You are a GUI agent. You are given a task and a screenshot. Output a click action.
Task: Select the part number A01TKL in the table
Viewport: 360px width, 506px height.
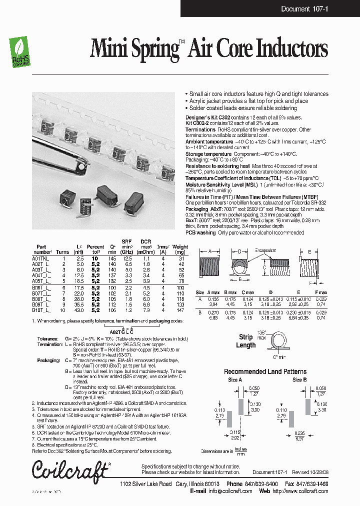pyautogui.click(x=42, y=257)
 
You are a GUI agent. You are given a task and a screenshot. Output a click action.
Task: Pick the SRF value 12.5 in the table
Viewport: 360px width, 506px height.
pyautogui.click(x=128, y=257)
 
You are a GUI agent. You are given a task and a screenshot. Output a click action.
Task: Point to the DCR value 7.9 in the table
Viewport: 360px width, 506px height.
pyautogui.click(x=146, y=310)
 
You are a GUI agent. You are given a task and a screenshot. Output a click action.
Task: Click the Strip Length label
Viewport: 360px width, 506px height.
pyautogui.click(x=246, y=341)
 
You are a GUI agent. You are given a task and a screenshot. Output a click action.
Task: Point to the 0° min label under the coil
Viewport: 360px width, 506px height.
pyautogui.click(x=278, y=357)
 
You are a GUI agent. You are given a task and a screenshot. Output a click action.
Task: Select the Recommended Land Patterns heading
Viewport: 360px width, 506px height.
pyautogui.click(x=265, y=371)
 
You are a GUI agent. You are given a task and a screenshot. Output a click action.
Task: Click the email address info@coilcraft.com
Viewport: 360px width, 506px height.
pyautogui.click(x=226, y=490)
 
